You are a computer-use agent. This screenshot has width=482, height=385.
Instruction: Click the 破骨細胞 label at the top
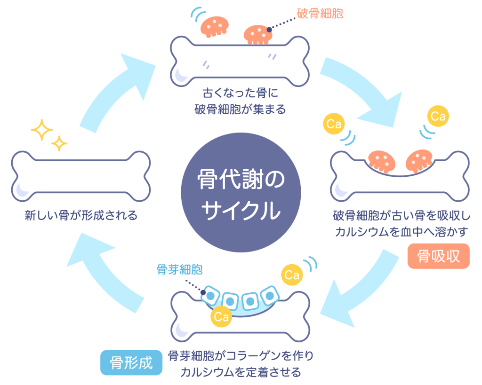click(320, 13)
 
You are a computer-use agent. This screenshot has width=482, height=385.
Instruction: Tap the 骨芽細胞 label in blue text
click(179, 270)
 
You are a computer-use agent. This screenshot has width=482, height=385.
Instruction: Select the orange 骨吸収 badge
click(438, 256)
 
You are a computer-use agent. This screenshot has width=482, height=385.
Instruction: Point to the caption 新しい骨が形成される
click(81, 216)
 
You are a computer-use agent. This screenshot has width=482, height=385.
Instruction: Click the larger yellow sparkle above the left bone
click(41, 129)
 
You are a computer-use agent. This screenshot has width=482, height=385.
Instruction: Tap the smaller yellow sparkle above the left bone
click(59, 143)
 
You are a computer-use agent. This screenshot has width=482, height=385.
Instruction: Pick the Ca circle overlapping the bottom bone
click(221, 316)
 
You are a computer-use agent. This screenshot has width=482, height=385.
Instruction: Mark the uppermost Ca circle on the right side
click(438, 116)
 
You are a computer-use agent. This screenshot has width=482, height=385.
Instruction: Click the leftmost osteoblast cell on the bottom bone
click(210, 295)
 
